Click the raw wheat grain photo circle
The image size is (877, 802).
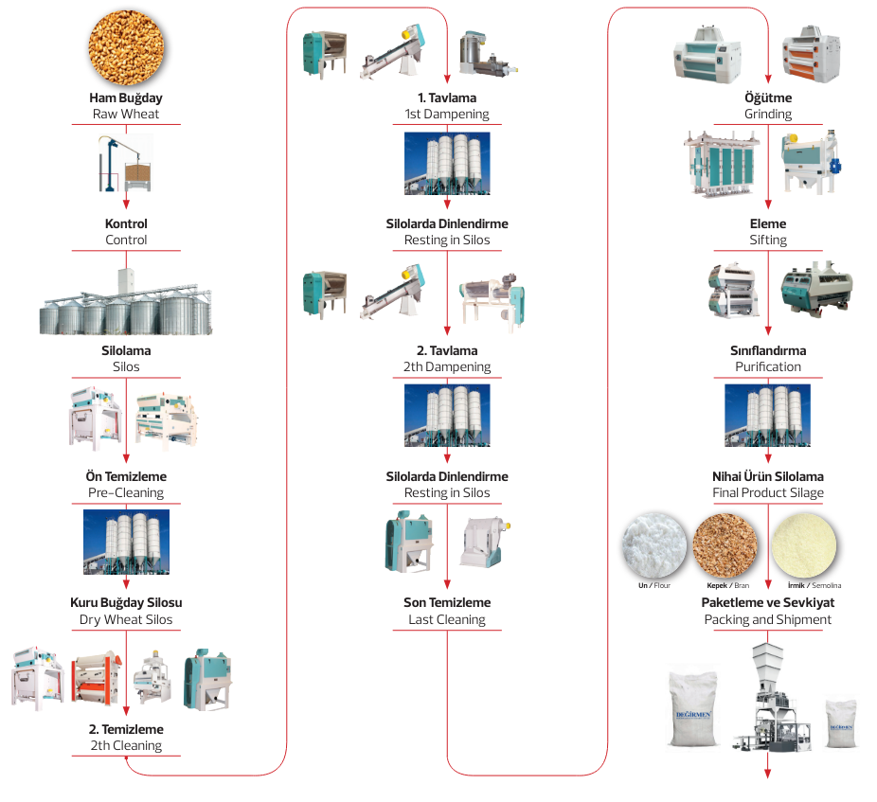point(126,45)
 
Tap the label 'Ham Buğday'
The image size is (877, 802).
point(126,98)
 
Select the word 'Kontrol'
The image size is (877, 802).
point(126,224)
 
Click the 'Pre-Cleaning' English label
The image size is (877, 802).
point(126,493)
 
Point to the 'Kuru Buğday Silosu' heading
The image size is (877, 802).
point(126,603)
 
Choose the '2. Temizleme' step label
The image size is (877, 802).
point(126,730)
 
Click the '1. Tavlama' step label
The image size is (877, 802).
point(447,98)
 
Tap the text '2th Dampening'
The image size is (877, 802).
point(447,367)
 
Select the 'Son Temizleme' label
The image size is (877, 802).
point(447,603)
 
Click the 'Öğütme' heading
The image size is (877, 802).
point(768,98)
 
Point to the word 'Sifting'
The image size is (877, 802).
point(768,241)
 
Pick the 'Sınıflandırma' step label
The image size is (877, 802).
point(768,351)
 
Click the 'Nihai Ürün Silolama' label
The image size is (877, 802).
point(768,477)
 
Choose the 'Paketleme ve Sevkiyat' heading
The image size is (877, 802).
point(768,603)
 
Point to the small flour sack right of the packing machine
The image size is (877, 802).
point(842,724)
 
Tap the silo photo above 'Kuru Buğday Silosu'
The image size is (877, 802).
point(126,542)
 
